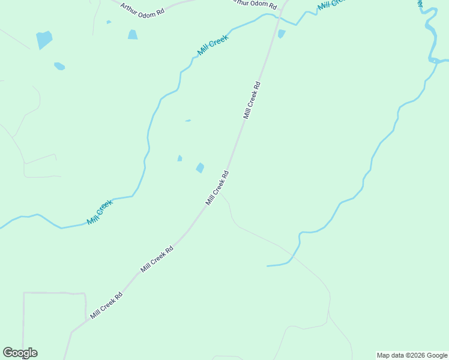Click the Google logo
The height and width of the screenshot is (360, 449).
20,353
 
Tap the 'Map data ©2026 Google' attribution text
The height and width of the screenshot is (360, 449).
412,355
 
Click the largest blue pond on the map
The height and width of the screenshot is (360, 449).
44,40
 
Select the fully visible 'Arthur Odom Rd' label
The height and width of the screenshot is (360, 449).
142,10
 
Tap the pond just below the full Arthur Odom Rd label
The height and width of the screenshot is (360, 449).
133,35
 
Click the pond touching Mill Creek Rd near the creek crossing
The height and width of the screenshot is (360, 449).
281,34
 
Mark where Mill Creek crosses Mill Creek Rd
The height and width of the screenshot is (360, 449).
278,21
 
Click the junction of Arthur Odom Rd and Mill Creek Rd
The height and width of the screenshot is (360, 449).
285,2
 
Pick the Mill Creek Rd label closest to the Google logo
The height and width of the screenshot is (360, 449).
106,305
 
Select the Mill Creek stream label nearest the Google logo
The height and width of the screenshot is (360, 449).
100,212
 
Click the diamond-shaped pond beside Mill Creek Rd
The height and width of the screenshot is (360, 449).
200,168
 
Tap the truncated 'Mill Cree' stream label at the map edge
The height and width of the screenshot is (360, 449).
332,4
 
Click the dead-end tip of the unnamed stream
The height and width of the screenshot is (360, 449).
267,265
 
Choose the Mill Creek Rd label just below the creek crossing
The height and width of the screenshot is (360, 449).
252,100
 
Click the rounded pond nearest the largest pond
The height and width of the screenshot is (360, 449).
59,66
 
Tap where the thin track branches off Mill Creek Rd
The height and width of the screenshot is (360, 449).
220,192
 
